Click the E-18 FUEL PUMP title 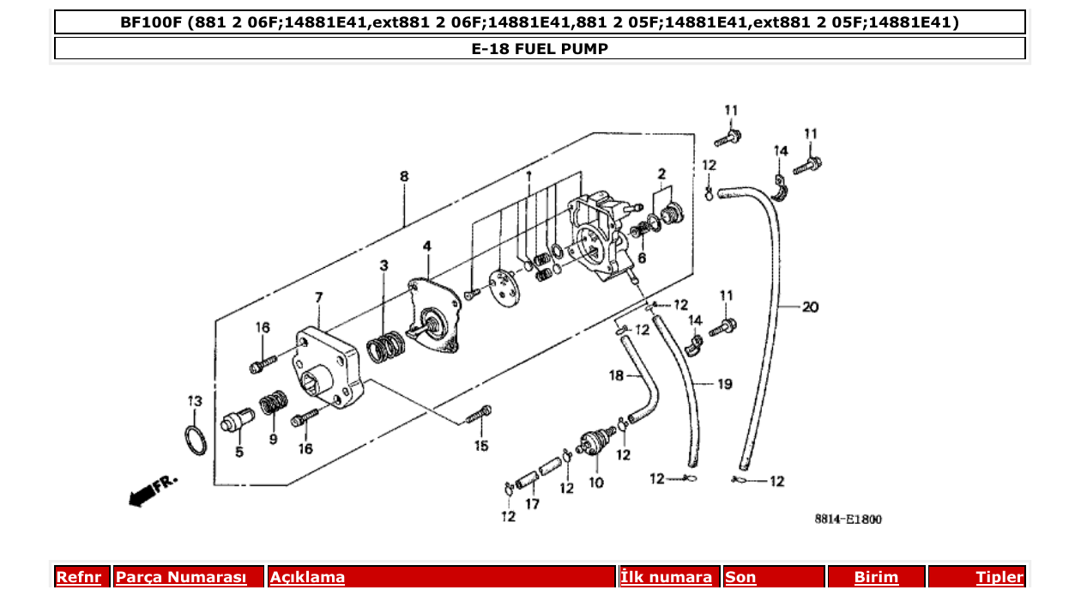(x=540, y=49)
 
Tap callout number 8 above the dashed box (x=404, y=177)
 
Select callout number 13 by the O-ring (x=195, y=401)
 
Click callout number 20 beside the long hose (x=810, y=307)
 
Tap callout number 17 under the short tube (x=532, y=504)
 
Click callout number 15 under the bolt (x=481, y=446)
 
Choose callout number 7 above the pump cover (x=318, y=297)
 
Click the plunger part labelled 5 (x=238, y=423)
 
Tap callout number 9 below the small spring (x=273, y=440)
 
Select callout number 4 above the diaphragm (x=426, y=246)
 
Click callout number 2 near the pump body (x=661, y=174)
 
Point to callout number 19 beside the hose (x=724, y=384)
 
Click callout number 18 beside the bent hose (x=616, y=375)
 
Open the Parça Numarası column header (x=181, y=577)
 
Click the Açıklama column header (x=307, y=577)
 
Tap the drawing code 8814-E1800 (x=848, y=519)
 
